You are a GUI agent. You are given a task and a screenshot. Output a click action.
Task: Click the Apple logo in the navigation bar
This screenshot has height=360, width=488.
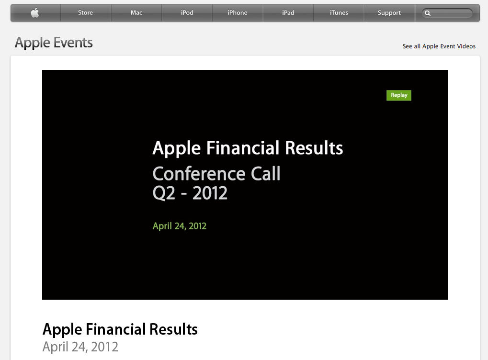coord(35,13)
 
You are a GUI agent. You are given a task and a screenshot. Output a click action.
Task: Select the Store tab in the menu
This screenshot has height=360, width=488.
coord(85,13)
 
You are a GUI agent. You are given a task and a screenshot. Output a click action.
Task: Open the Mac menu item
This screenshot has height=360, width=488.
coord(136,13)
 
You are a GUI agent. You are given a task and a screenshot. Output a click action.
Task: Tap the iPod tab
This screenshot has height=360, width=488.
coord(187,13)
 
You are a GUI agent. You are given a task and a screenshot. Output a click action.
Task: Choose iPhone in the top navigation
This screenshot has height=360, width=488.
coord(238,13)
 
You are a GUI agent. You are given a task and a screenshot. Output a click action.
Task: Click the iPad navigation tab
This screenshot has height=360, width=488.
coord(288,13)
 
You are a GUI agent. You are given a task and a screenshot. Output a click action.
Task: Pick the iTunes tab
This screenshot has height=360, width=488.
coord(339,13)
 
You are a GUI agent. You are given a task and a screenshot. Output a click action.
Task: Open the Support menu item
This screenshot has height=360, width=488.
coord(389,13)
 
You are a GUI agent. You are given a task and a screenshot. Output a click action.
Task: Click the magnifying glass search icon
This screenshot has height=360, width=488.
coord(428,13)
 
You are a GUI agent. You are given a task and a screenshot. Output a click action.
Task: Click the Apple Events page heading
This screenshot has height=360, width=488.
coord(54,43)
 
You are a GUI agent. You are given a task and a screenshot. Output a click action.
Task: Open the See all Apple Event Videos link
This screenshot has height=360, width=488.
coord(439,46)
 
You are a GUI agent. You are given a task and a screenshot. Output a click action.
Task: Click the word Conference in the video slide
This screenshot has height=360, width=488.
coord(199,173)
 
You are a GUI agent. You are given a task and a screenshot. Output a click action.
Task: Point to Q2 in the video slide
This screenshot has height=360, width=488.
coord(164,193)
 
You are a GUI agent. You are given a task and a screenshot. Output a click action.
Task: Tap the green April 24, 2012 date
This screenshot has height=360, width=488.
coord(180,226)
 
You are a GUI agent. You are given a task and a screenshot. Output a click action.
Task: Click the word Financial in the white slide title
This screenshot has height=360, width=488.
coord(243,148)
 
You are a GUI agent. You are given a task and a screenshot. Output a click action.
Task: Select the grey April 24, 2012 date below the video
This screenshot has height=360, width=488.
coord(80,347)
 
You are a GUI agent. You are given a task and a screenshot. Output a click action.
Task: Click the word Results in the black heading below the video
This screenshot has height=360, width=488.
coord(173,329)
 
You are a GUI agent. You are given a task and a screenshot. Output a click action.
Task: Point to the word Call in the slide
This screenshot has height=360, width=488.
coord(265,173)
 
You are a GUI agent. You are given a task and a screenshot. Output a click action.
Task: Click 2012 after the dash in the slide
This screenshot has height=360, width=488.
coord(210,193)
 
